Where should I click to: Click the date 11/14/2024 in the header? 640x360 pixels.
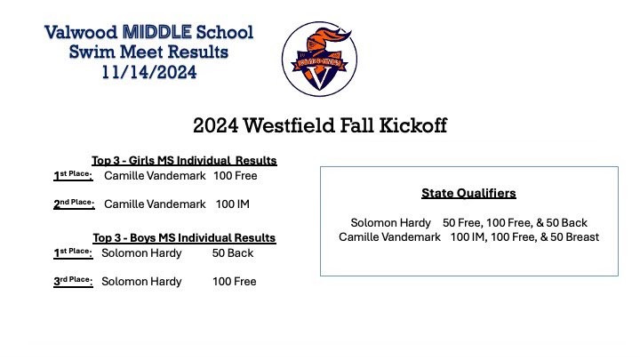coord(149,71)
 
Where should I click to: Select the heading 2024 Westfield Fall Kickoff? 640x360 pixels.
coord(320,125)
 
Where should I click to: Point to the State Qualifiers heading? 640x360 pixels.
coord(468,192)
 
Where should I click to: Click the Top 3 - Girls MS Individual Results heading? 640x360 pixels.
coord(185,161)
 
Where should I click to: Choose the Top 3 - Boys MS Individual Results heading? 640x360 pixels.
coord(184,238)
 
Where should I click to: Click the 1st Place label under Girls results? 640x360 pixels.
coord(73,177)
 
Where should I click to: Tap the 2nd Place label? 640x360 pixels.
coord(74,204)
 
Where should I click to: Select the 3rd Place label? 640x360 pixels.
coord(74,282)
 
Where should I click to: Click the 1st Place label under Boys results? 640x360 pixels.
coord(73,253)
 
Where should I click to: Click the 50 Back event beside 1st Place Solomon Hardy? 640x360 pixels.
coord(233,253)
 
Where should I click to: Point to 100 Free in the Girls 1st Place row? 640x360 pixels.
coord(236,177)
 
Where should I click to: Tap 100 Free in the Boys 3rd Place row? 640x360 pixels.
coord(234,282)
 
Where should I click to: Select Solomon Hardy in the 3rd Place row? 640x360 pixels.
coord(141,282)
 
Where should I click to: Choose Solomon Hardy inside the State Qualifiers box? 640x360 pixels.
coord(391,222)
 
